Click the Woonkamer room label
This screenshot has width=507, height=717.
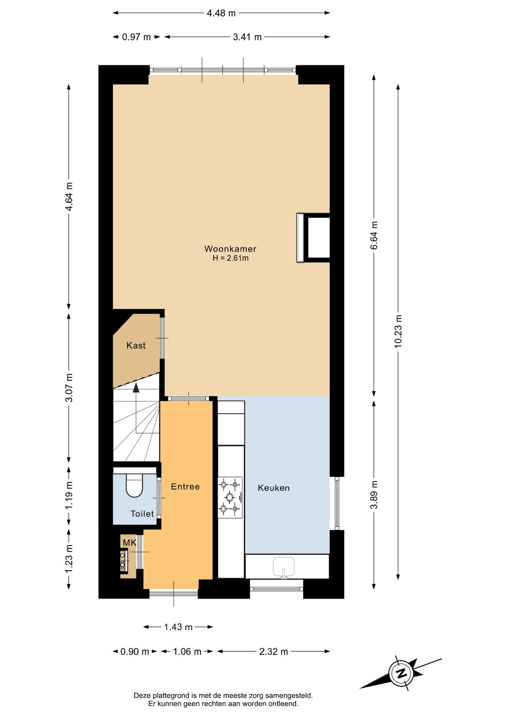tap(230, 249)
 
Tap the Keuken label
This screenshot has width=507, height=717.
tap(274, 488)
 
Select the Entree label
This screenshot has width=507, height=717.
tap(185, 487)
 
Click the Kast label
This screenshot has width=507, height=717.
tap(136, 345)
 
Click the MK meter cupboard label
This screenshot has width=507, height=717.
tap(130, 543)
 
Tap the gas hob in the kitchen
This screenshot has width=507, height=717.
tap(230, 497)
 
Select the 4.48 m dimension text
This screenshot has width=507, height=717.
tap(221, 13)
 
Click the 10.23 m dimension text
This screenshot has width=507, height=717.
tap(398, 331)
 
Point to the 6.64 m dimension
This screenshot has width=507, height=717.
tap(374, 235)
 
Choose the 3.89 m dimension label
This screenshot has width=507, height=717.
tap(374, 495)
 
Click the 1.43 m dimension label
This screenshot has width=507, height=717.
tap(178, 627)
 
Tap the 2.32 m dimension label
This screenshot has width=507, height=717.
tap(274, 652)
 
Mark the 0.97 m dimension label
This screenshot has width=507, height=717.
tap(137, 37)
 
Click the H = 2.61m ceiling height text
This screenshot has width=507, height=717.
tap(230, 258)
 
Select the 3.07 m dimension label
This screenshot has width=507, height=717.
tap(69, 388)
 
